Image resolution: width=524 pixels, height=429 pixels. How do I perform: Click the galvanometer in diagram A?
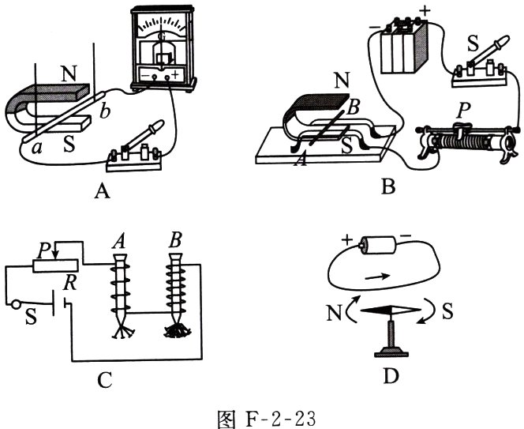click(163, 49)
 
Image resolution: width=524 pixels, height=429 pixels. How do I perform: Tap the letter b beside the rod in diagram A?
click(104, 111)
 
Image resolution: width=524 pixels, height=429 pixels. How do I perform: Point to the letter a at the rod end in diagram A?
click(36, 148)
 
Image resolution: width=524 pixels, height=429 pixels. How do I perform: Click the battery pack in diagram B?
click(405, 47)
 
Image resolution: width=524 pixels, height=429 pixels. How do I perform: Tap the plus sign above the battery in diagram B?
click(425, 12)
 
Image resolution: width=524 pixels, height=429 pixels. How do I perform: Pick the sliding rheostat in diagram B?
click(467, 143)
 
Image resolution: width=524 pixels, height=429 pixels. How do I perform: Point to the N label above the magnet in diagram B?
click(342, 81)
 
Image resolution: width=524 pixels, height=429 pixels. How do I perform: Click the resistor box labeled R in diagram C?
click(55, 265)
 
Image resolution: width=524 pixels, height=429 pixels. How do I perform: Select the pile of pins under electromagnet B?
click(177, 331)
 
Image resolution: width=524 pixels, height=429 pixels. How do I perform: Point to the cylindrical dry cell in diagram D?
click(379, 246)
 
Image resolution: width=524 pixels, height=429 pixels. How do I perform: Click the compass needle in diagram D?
click(391, 310)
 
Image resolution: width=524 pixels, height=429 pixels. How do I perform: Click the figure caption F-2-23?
click(266, 418)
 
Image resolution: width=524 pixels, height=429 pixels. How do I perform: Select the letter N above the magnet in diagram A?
click(69, 73)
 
